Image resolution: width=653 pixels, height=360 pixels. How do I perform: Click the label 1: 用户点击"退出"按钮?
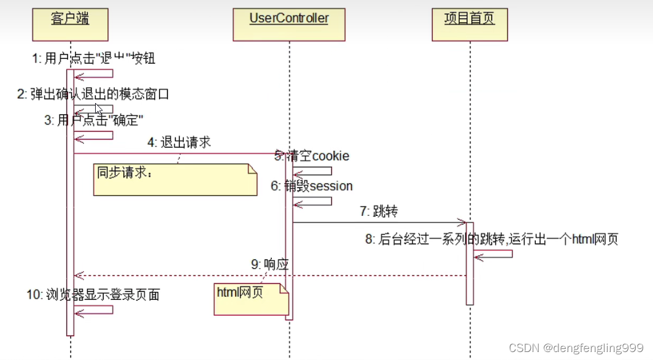coord(93,59)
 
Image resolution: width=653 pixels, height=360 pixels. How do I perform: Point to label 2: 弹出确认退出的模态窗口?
coord(92,94)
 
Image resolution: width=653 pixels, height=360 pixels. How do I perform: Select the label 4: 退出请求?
coord(179,143)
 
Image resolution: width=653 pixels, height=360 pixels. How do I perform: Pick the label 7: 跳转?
coord(379,212)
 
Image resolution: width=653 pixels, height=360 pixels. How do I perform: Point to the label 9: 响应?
coord(269,265)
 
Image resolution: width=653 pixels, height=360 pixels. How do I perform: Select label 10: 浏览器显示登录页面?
coord(93,295)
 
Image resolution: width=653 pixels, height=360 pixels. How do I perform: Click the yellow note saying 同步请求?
coord(174,180)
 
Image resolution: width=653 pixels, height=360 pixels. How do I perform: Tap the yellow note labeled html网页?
coord(250,299)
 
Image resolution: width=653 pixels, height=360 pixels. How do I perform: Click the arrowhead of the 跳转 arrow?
coord(463,223)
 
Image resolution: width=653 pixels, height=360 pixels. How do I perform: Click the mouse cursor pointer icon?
coord(99,109)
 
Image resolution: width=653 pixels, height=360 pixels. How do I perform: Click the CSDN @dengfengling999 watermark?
coord(576,348)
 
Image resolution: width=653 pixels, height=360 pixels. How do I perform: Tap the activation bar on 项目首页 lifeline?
coord(469,264)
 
